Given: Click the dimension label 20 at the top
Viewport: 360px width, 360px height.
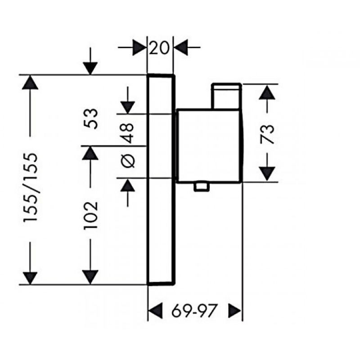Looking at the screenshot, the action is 159,48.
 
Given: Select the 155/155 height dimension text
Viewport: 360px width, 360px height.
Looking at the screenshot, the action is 30,187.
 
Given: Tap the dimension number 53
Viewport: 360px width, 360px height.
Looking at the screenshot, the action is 91,119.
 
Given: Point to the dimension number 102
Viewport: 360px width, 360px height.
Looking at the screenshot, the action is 91,215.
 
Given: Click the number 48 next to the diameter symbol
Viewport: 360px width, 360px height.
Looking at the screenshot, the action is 127,133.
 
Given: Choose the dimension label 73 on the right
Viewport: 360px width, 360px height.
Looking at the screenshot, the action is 267,134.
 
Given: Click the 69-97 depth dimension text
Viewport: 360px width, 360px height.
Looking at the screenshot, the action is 194,311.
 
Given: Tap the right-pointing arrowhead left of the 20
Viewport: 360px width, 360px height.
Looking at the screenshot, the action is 139,48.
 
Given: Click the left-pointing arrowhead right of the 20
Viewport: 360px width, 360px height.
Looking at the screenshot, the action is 181,48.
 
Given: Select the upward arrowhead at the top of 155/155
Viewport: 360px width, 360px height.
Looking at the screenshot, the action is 30,82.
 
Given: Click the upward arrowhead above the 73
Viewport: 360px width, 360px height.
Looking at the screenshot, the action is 267,92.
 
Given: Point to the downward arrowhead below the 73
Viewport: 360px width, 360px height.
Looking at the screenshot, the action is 267,174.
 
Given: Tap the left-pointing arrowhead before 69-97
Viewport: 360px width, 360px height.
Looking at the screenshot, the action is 155,311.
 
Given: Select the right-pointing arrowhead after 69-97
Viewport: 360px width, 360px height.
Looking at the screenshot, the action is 234,311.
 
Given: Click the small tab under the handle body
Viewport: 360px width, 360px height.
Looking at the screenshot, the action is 202,187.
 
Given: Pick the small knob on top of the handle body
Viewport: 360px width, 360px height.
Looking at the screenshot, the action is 227,95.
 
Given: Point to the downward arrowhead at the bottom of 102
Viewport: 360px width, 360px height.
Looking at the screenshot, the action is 90,277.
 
